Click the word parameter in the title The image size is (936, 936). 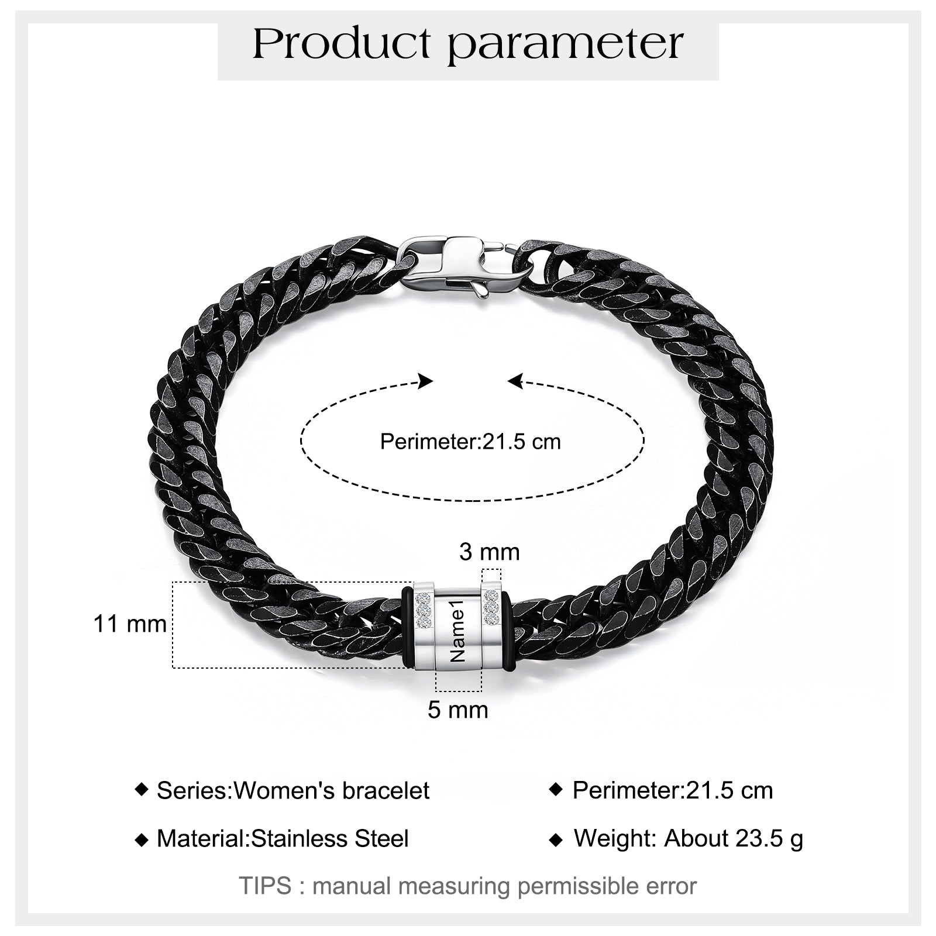(566, 46)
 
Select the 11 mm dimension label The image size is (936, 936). (130, 624)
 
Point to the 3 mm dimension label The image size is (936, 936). (489, 552)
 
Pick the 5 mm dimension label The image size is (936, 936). (457, 710)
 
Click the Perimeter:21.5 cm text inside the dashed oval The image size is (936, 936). (470, 441)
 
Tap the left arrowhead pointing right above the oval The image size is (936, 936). (426, 381)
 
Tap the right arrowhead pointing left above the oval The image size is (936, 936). (515, 381)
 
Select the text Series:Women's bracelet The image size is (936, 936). (293, 791)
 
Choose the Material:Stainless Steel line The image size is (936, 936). (283, 839)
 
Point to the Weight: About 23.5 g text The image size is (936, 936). (689, 838)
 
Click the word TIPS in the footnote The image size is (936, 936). (265, 886)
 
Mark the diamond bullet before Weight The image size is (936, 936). (556, 840)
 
